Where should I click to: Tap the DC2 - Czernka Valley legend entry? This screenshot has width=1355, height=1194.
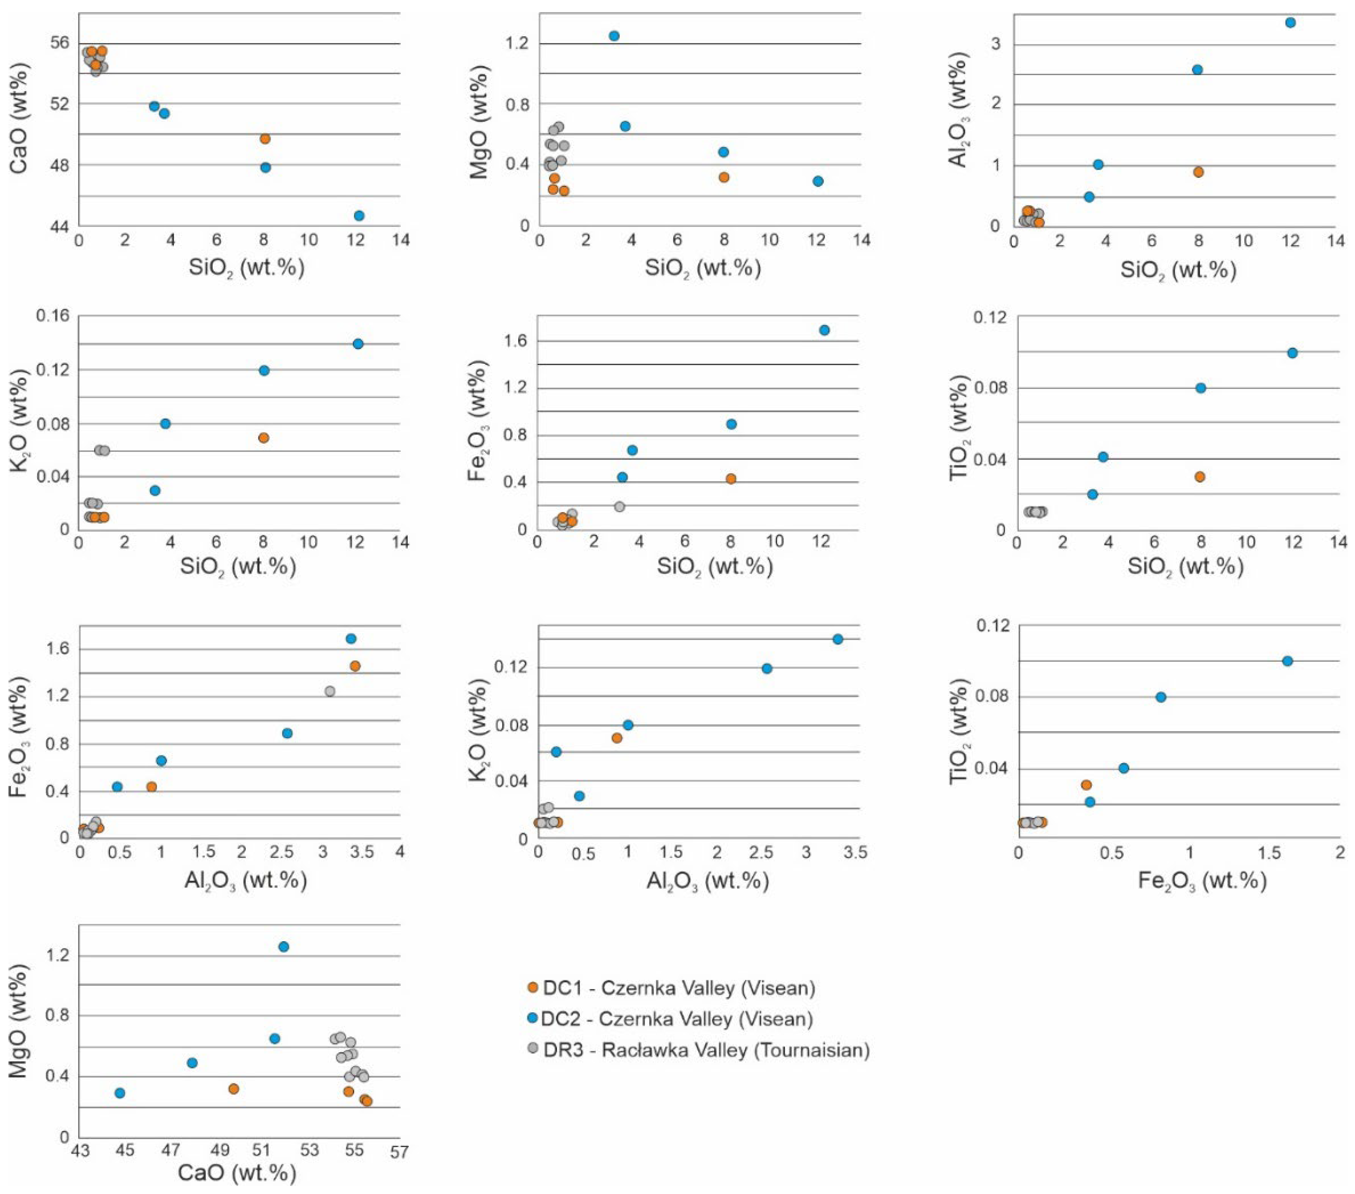(x=676, y=1019)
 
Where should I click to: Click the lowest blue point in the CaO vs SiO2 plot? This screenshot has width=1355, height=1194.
(x=359, y=216)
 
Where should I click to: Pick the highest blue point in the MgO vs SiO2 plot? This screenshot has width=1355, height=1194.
(x=614, y=36)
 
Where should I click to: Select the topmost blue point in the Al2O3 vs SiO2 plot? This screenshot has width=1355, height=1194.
(x=1290, y=23)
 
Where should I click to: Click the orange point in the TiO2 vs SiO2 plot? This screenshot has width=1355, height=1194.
(x=1199, y=476)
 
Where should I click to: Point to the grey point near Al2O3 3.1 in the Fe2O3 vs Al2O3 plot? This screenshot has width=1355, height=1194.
(x=329, y=691)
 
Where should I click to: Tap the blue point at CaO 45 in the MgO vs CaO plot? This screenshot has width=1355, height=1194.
(x=120, y=1093)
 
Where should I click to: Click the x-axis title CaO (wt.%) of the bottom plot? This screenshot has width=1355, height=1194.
(x=237, y=1173)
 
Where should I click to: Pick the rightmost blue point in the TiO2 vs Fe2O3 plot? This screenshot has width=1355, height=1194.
(x=1287, y=661)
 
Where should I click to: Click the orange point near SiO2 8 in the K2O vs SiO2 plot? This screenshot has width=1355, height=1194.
(x=263, y=438)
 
